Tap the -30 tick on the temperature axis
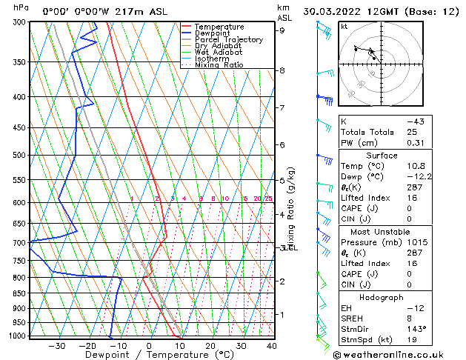point(57,346)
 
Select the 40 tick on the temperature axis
point(272,346)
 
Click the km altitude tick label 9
point(282,30)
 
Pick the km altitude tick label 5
point(282,180)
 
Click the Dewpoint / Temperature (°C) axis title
point(150,355)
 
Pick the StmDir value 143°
point(418,328)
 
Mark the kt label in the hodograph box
point(344,26)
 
